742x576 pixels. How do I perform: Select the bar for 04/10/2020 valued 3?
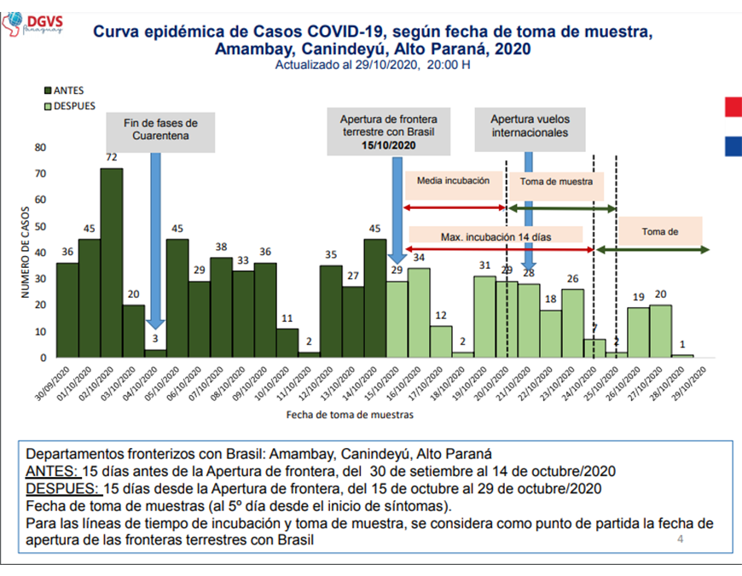[x=155, y=352]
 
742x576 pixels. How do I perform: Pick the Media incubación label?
[x=453, y=181]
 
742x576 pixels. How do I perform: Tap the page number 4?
[x=680, y=539]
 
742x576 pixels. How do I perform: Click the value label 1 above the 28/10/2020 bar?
[x=682, y=345]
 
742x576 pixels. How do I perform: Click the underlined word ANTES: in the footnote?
[x=52, y=472]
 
